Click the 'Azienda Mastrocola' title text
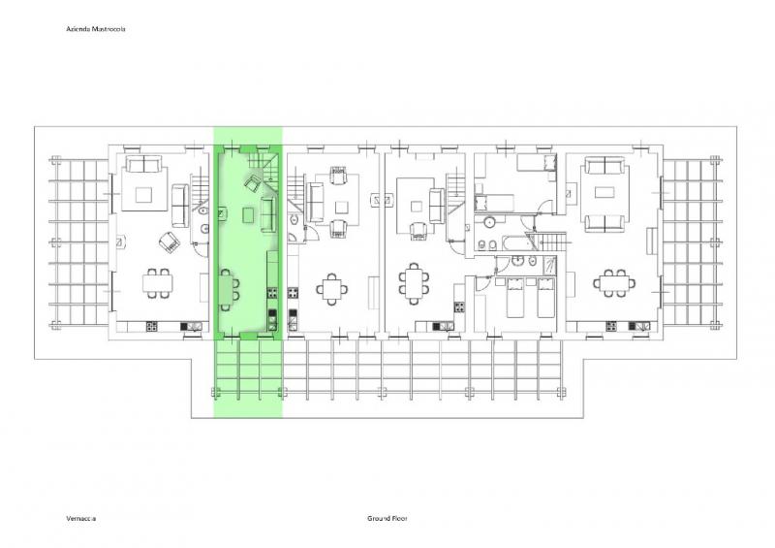(x=96, y=29)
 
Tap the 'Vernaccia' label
(x=81, y=518)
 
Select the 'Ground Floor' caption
(x=387, y=518)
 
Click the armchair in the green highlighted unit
(x=253, y=183)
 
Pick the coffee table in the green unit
(x=249, y=215)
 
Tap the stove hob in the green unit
(x=272, y=293)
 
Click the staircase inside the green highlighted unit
(x=263, y=166)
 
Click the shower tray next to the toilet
(x=549, y=265)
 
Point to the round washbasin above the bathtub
(x=489, y=222)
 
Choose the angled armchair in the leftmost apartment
(x=169, y=242)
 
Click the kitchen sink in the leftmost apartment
(x=192, y=326)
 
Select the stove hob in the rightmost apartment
(x=611, y=326)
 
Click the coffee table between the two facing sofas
(x=604, y=192)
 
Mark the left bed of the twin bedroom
(x=514, y=297)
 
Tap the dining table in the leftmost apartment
(x=158, y=283)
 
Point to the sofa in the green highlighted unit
(x=267, y=213)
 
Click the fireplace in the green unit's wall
(x=223, y=212)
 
